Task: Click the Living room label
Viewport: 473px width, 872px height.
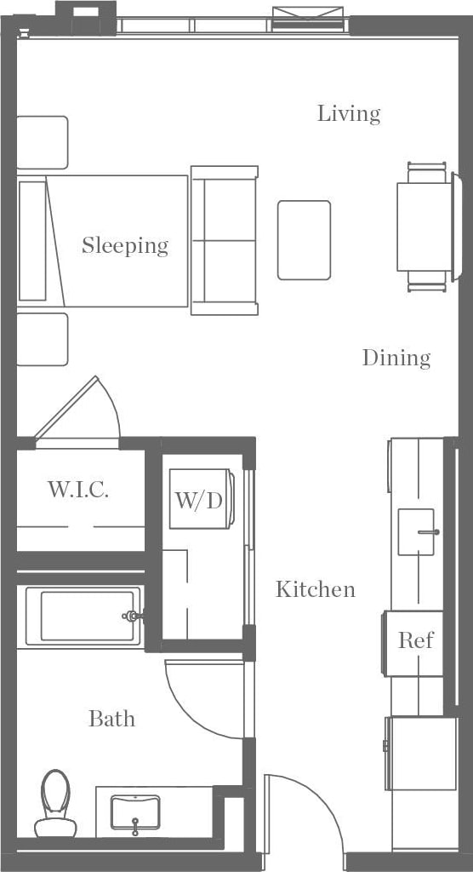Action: (x=349, y=113)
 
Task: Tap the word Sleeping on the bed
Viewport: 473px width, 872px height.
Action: (x=125, y=245)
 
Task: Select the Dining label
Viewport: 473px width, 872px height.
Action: (x=396, y=358)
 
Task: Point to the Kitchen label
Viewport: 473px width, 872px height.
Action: (x=316, y=589)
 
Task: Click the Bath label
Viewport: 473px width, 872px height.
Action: (x=111, y=719)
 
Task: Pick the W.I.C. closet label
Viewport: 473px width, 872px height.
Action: (x=78, y=490)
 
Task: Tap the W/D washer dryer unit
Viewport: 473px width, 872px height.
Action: (x=199, y=499)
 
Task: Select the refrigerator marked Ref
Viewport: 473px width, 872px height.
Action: (x=415, y=641)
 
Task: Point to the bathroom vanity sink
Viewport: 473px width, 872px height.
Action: (x=135, y=812)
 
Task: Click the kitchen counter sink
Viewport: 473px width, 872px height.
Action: (x=417, y=531)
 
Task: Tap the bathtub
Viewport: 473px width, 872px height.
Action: (x=82, y=616)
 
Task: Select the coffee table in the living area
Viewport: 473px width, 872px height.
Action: (x=304, y=240)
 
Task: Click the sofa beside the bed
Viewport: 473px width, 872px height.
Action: (x=224, y=240)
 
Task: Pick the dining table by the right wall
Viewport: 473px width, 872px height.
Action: (x=424, y=227)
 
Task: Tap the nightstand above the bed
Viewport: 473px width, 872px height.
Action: (x=42, y=142)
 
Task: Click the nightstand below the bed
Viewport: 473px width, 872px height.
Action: (x=42, y=339)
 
